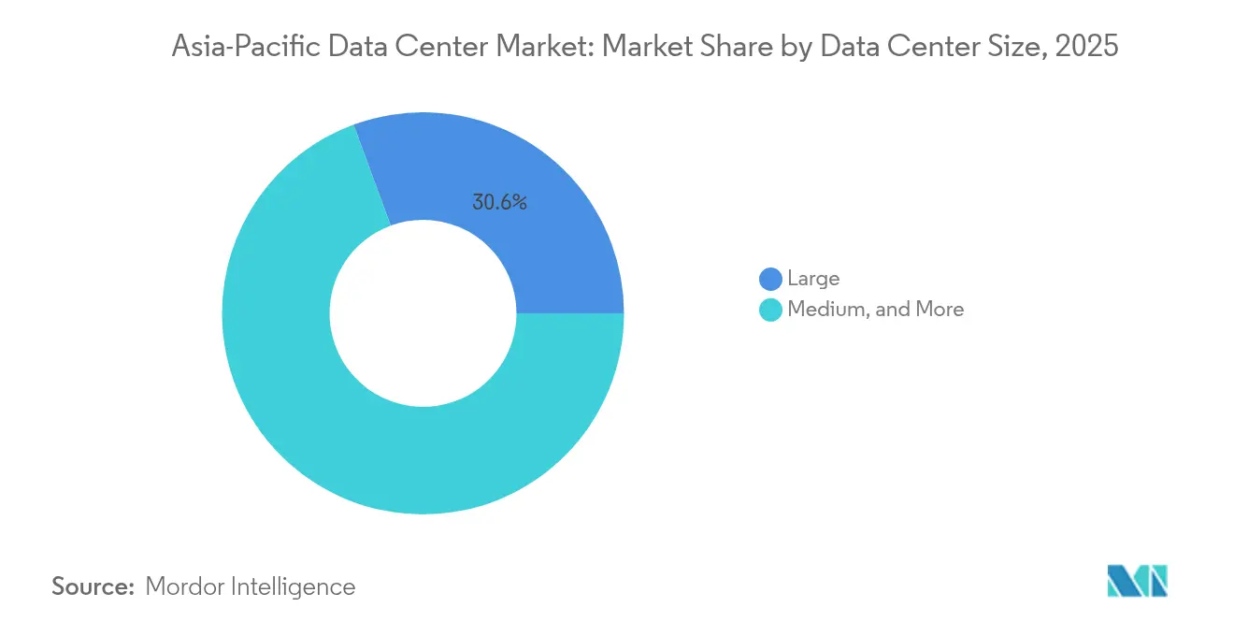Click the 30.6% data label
[499, 202]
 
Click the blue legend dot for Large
[770, 279]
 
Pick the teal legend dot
[770, 310]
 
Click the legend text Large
[813, 279]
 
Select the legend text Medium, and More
[875, 310]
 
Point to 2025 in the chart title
[1086, 47]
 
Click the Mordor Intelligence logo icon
[1137, 581]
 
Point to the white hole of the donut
[423, 313]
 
